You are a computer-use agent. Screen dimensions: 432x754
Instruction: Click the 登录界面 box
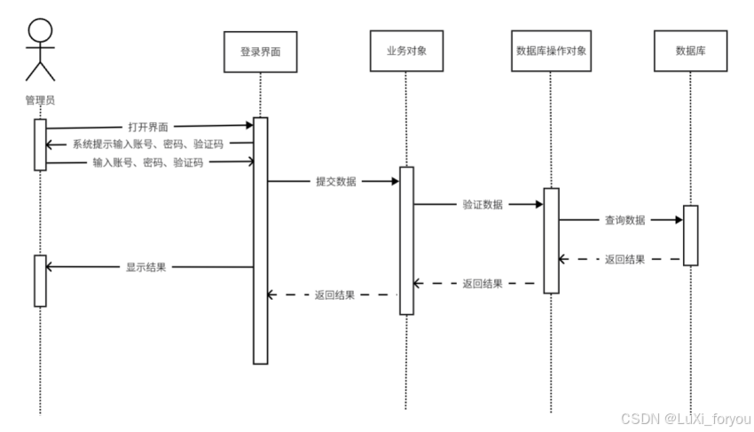pos(260,52)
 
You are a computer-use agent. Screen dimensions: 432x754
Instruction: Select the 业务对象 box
pos(404,51)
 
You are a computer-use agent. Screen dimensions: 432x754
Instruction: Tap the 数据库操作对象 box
pos(550,51)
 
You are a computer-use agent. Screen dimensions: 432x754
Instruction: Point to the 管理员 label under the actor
pos(40,100)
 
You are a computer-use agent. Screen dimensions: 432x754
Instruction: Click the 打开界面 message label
pos(147,128)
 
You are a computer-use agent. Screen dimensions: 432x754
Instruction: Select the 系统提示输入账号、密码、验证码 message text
pos(147,145)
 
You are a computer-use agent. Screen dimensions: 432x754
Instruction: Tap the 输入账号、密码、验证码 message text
pos(147,162)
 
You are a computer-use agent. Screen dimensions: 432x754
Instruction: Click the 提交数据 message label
pos(335,182)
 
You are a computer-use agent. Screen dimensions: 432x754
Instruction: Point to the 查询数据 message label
pos(624,220)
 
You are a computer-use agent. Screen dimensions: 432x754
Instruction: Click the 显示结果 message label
pos(145,266)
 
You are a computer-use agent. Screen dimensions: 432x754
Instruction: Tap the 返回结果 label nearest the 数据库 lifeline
pos(624,260)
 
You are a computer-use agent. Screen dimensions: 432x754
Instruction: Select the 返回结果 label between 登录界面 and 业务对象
pos(335,295)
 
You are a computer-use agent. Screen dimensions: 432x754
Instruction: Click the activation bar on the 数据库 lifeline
pos(690,235)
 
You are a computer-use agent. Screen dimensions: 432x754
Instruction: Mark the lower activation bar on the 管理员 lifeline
pos(40,280)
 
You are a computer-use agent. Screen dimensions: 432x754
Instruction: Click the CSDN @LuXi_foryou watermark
pos(684,419)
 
